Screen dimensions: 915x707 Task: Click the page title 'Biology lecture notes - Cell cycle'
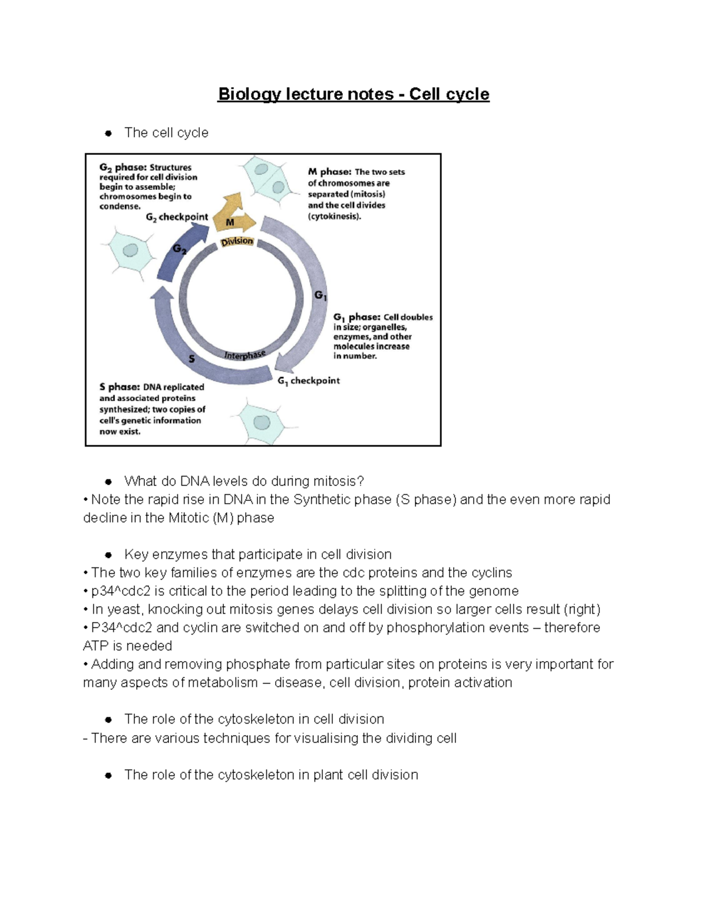point(353,94)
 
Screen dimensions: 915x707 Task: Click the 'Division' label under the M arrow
point(237,242)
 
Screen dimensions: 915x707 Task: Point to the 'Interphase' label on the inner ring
point(245,355)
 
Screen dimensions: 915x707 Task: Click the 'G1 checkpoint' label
point(309,381)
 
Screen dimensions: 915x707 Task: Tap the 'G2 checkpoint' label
point(177,217)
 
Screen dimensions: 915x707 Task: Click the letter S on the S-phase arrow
point(191,358)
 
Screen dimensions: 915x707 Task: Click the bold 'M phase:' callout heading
point(329,172)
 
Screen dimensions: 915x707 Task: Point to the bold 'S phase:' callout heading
point(120,387)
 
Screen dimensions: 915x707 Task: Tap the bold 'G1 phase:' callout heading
point(357,318)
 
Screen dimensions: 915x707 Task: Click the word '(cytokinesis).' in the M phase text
point(334,216)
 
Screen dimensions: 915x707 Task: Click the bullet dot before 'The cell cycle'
point(108,133)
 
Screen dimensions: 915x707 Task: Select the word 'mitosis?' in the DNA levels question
point(339,481)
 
